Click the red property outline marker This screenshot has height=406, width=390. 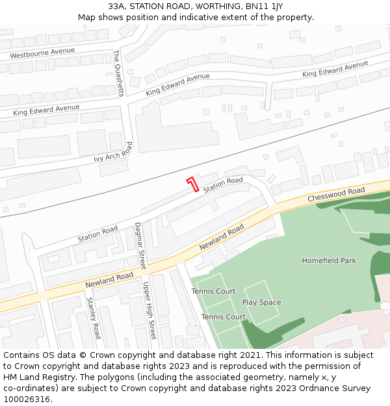[192, 184]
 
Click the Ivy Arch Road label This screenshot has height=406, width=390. [114, 153]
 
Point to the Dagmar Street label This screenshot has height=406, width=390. [140, 246]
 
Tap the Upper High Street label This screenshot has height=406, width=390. [150, 311]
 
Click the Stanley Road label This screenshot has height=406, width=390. [94, 318]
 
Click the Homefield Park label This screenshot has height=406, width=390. [329, 260]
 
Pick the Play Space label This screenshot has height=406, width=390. [261, 302]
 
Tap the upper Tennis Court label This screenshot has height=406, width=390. [213, 291]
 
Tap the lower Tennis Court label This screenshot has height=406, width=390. [223, 316]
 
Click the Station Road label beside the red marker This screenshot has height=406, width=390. [223, 185]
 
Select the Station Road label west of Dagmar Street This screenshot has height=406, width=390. [97, 234]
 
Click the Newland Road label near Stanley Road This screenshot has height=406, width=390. [109, 281]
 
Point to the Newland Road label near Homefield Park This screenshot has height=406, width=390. [221, 238]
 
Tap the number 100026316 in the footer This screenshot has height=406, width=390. [26, 400]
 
